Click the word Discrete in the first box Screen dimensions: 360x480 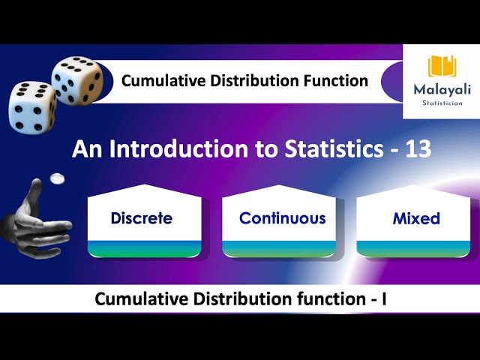[141, 218]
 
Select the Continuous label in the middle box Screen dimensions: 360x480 [282, 218]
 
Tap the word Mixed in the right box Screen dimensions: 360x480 [415, 218]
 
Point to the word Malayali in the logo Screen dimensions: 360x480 [442, 89]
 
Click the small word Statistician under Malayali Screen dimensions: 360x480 [442, 104]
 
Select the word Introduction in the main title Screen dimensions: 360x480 [181, 149]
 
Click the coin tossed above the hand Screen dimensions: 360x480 [55, 178]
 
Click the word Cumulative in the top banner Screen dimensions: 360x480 [160, 80]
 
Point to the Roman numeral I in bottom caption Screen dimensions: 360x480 [383, 299]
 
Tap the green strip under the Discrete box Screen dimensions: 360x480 [144, 250]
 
